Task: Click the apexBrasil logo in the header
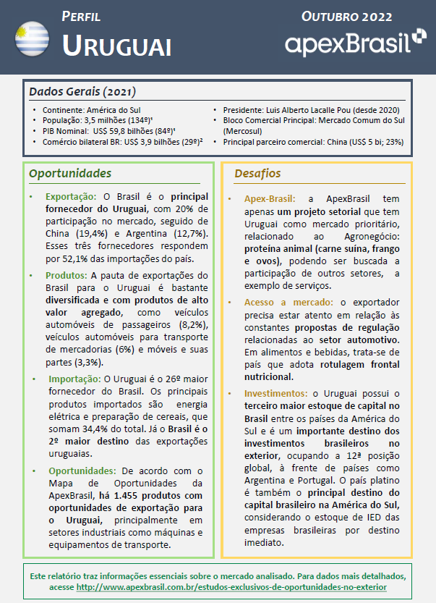(x=355, y=43)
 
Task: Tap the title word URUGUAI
(x=116, y=46)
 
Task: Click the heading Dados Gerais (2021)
(x=82, y=92)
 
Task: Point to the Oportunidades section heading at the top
(x=69, y=174)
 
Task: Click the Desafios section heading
(x=257, y=174)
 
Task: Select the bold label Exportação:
(x=71, y=196)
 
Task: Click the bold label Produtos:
(x=67, y=276)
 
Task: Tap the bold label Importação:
(x=74, y=379)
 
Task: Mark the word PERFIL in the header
(x=81, y=16)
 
